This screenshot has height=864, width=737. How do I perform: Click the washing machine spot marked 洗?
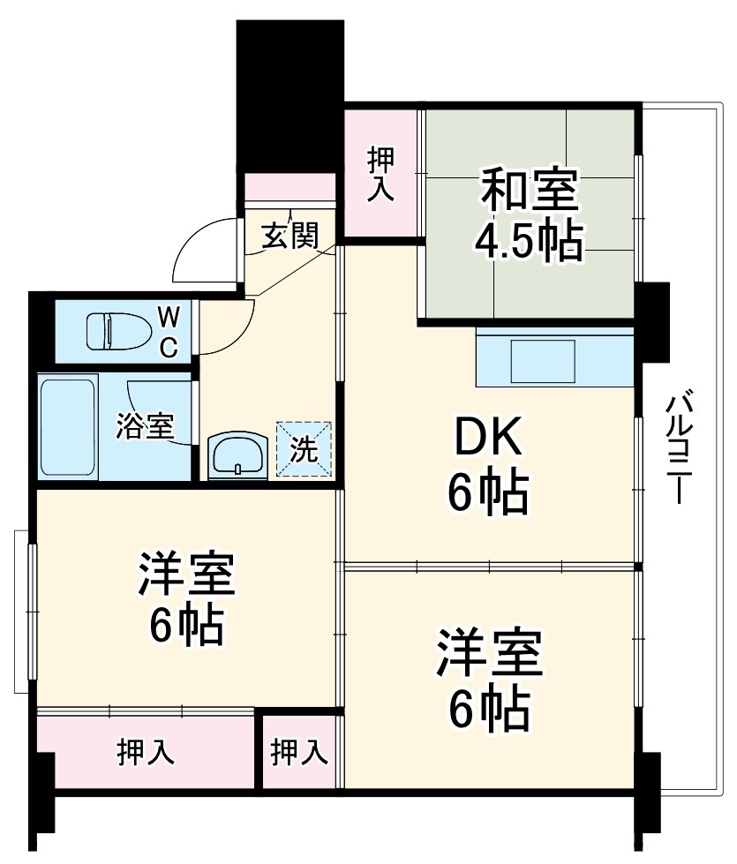click(305, 450)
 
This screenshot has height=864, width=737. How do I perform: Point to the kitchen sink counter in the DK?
click(554, 357)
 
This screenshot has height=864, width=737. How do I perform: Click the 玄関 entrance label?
click(289, 237)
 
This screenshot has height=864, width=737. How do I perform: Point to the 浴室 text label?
click(144, 426)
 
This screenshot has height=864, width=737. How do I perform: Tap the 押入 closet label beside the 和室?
click(381, 173)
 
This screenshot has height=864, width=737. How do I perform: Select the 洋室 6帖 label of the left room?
click(185, 600)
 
